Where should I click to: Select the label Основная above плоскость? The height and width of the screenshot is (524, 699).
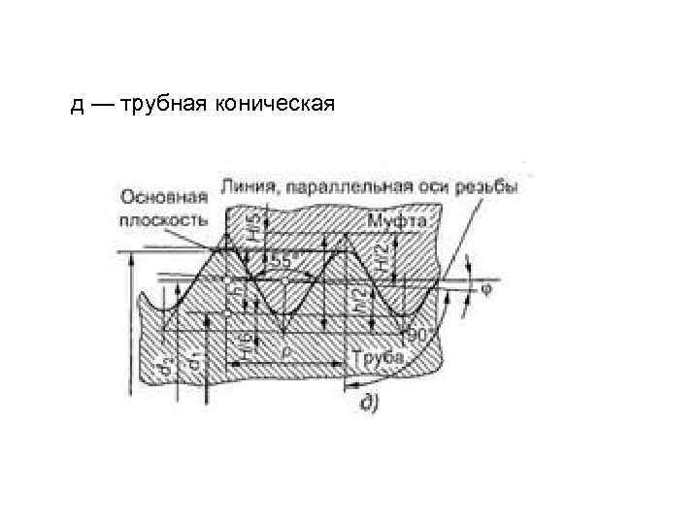162,196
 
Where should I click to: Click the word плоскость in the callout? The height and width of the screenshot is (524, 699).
162,218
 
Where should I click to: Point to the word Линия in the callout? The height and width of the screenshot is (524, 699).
247,185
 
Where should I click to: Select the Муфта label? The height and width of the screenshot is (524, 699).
398,223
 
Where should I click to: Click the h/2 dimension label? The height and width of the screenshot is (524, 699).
357,302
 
